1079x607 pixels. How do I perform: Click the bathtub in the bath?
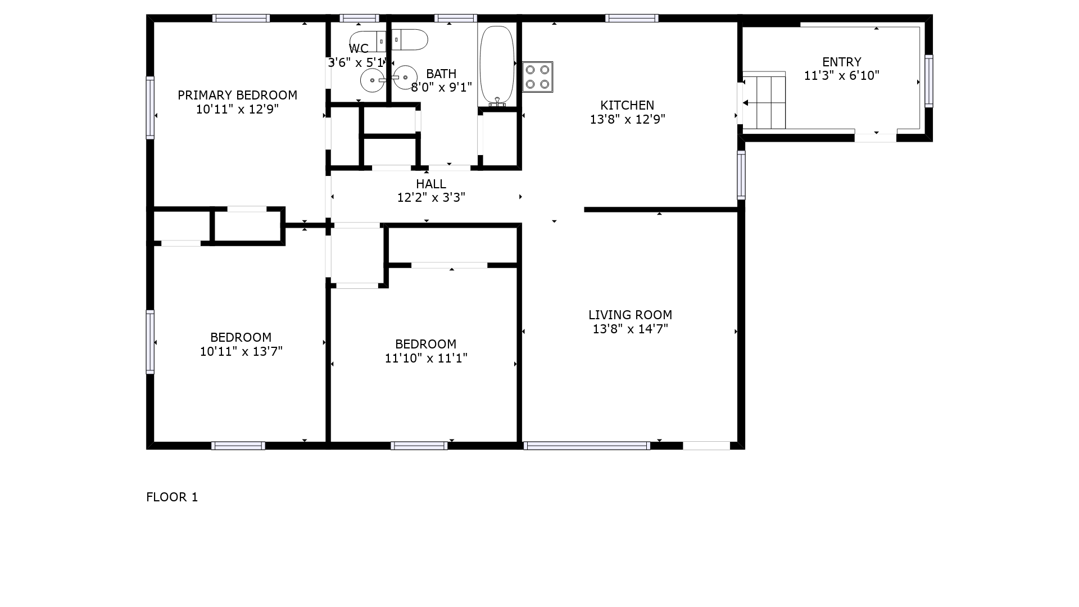point(497,65)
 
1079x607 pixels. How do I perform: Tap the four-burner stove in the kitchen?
point(537,77)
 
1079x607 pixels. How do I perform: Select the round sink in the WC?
point(372,80)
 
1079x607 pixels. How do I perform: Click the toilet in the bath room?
point(410,40)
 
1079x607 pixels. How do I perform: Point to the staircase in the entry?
point(764,101)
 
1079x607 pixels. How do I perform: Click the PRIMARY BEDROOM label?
point(237,95)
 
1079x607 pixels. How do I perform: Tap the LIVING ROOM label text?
point(630,315)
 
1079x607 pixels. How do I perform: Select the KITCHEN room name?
point(627,105)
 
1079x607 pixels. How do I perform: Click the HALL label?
point(431,184)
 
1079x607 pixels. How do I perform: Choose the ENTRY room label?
point(841,62)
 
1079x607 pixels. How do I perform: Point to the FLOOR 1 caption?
point(172,497)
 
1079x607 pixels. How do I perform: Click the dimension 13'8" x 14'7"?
point(630,329)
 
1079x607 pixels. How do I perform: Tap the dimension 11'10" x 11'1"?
point(426,358)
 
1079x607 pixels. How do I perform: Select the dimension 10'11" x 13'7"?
point(241,351)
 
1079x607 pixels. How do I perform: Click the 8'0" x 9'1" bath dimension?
point(442,87)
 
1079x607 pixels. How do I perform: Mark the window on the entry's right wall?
point(929,81)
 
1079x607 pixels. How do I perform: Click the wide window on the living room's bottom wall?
point(587,446)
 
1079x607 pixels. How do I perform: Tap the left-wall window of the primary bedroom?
point(150,107)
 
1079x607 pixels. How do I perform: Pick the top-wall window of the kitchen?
point(632,18)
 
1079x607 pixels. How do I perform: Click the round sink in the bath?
point(405,78)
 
